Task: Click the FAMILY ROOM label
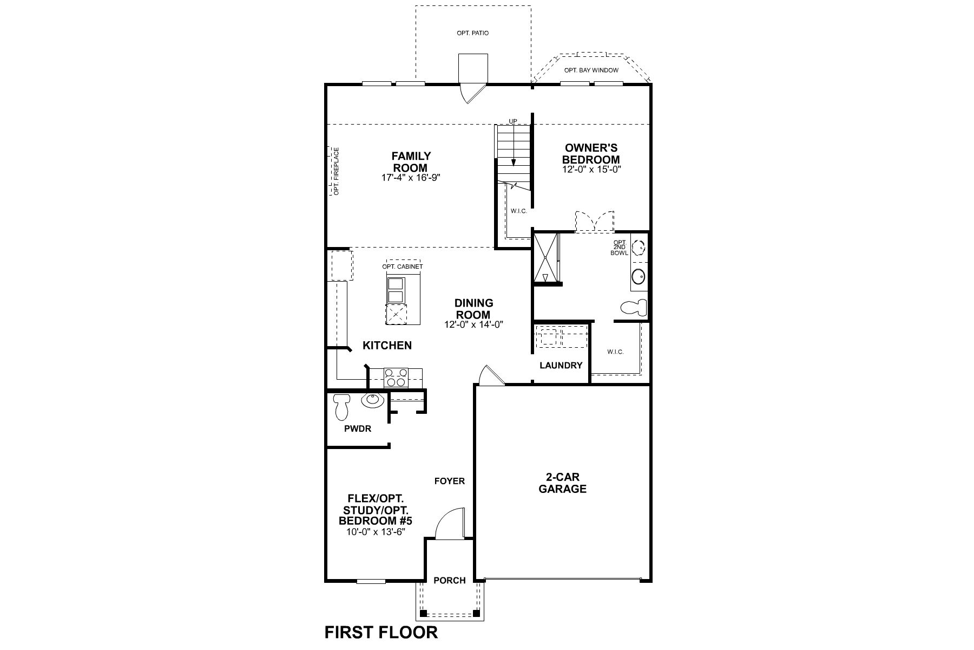pos(411,162)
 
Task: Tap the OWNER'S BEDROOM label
pos(591,153)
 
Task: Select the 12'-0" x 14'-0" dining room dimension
pos(474,325)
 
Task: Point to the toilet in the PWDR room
pos(341,407)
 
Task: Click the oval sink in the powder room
pos(372,400)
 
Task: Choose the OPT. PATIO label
pos(472,33)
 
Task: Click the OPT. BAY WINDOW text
pos(591,70)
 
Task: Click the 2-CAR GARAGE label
pos(563,483)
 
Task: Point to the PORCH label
pos(450,580)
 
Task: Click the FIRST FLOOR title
pos(381,632)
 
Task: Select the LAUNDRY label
pos(561,366)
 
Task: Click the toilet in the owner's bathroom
pos(634,308)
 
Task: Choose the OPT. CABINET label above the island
pos(402,266)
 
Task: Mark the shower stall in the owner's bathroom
pos(545,257)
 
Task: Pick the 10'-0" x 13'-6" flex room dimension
pos(376,532)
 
